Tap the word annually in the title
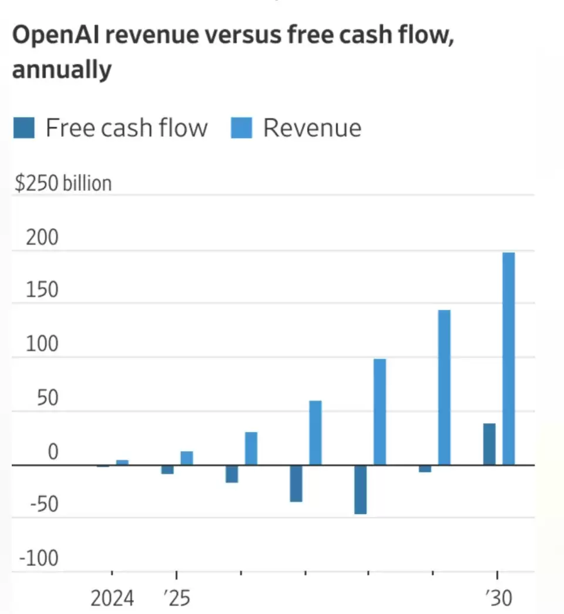click(x=62, y=70)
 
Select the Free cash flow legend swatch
click(x=24, y=128)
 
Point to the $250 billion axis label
click(x=63, y=183)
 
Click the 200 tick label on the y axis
click(x=42, y=238)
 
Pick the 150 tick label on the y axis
click(x=42, y=291)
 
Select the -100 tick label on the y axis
click(x=39, y=558)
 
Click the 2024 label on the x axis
click(x=112, y=599)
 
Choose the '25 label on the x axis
click(x=177, y=599)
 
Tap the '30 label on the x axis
click(x=499, y=599)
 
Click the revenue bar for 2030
click(x=509, y=358)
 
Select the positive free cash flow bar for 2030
click(x=489, y=444)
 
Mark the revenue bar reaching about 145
click(x=444, y=387)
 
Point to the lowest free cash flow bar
click(x=360, y=489)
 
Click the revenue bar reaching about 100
click(x=380, y=411)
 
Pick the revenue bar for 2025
click(x=187, y=458)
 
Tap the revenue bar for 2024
click(x=122, y=462)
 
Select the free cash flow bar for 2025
click(x=167, y=469)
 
